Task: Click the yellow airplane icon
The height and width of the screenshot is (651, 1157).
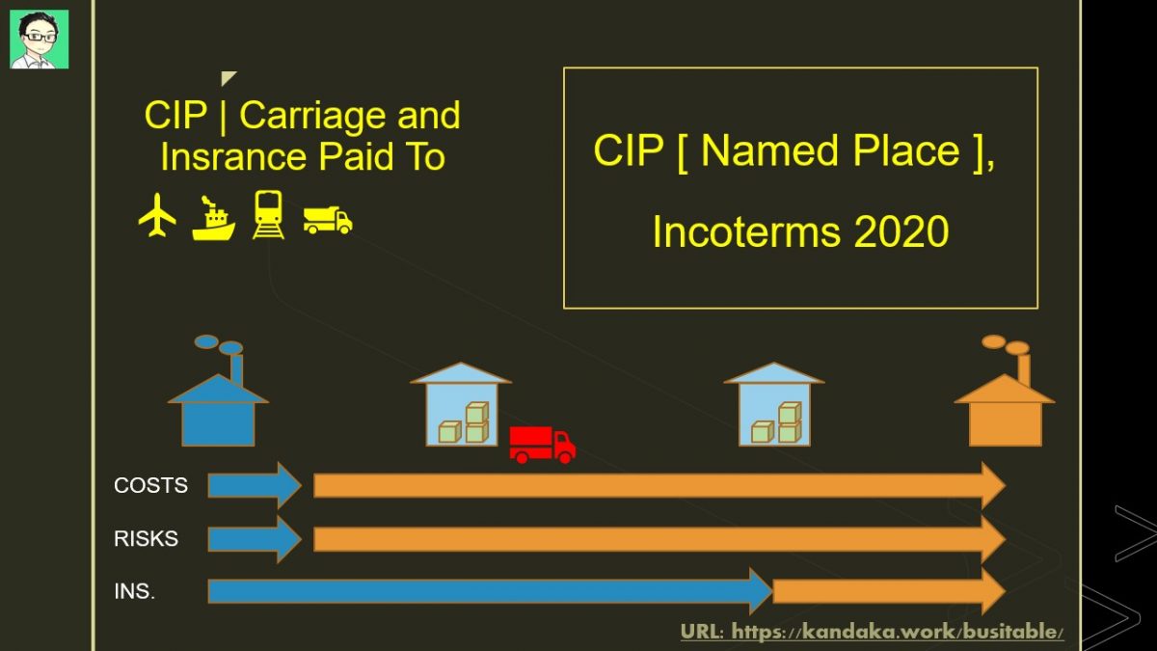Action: (157, 215)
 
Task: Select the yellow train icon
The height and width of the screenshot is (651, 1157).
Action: (268, 214)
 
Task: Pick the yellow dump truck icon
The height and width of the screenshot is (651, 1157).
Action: (328, 220)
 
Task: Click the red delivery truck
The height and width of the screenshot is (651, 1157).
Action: (542, 445)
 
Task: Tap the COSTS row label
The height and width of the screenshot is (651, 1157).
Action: (150, 486)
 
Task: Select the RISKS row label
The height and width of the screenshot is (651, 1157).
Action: (146, 538)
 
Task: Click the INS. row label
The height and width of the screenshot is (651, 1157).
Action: (134, 591)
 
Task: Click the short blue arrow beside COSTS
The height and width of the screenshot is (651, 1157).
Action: (255, 486)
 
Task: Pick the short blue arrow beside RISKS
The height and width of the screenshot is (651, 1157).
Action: (255, 538)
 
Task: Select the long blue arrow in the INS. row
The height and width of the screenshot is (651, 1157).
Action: (490, 591)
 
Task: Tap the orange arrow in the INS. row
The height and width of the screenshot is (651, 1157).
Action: (889, 591)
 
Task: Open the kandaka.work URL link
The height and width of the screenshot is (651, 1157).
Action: (872, 632)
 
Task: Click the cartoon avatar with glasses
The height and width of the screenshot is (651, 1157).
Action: (40, 40)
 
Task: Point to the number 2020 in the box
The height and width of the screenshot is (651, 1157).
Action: (901, 231)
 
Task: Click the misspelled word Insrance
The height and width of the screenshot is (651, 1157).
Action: (233, 156)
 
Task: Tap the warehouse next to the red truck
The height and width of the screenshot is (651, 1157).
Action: (461, 404)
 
